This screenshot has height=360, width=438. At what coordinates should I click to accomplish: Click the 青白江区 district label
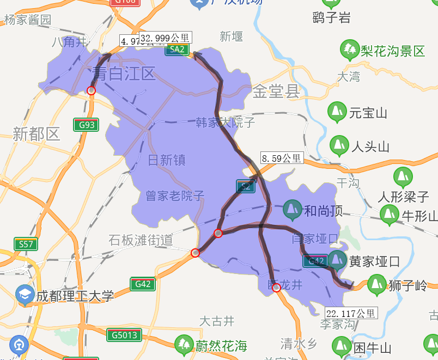[x=124, y=73]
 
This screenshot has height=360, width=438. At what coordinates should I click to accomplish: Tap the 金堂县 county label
[x=276, y=91]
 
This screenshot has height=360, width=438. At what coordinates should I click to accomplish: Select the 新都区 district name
[x=36, y=134]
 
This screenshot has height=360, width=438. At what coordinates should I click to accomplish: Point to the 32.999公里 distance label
[x=166, y=38]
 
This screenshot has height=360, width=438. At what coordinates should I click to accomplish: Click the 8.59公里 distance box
[x=282, y=158]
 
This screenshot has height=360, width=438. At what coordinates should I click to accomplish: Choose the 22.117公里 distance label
[x=351, y=313]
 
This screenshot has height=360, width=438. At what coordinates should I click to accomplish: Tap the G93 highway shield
[x=87, y=125]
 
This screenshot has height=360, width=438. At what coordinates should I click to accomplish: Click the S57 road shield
[x=26, y=244]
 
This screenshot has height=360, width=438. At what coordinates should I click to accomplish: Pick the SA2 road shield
[x=178, y=50]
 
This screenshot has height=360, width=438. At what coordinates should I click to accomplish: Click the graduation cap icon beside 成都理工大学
[x=25, y=295]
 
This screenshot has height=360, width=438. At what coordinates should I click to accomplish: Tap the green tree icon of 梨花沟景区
[x=350, y=50]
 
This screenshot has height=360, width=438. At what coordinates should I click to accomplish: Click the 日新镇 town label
[x=167, y=160]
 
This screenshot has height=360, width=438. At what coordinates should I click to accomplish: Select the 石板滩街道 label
[x=141, y=240]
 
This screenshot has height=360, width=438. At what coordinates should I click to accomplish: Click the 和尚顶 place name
[x=323, y=211]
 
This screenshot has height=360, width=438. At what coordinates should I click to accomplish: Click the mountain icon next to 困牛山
[x=342, y=347]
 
